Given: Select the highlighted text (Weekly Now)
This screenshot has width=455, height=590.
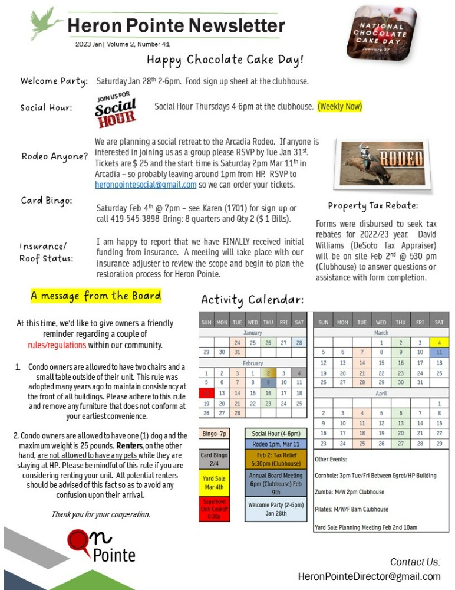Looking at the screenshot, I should tap(339, 107).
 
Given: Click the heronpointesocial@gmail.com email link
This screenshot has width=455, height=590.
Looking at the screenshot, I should tap(146, 185).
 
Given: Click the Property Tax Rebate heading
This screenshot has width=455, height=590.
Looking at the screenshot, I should tap(373, 206).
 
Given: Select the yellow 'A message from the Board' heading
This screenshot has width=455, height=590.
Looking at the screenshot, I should tap(95, 296).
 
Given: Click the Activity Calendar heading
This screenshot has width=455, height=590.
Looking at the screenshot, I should tap(252, 300).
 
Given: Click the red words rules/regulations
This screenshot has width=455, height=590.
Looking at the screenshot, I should tap(57, 345).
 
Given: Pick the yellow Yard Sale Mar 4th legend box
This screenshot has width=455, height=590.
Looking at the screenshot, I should tap(213, 483).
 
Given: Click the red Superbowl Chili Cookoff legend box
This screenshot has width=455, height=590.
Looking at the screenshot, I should tap(213, 509).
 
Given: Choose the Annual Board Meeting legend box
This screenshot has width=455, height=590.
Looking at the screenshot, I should tap(276, 483).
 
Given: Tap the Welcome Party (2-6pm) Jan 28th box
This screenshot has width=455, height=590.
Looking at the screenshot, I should tap(276, 509).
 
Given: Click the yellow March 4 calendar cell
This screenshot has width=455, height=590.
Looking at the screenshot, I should tap(439, 342).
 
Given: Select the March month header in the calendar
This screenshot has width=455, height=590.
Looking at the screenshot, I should tap(381, 333).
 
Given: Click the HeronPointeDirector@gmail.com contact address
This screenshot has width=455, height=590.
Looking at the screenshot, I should tap(369, 576).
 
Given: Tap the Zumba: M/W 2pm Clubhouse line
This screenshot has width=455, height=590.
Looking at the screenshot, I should tap(350, 492).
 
